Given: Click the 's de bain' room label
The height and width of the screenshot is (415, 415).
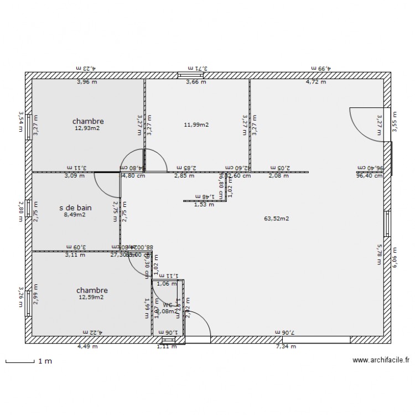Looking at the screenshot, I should coord(75,208).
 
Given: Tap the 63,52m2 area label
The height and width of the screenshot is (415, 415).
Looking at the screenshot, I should coord(277,219).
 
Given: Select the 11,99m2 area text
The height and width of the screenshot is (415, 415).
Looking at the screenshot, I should coord(196,125).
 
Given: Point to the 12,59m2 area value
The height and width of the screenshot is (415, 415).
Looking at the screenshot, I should coord(91,298).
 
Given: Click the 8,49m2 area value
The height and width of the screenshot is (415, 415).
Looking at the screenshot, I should coord(75,215).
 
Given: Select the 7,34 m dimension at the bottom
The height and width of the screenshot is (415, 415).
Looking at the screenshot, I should coord(286,347).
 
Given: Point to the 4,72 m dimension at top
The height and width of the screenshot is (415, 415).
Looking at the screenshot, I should coord(316,82).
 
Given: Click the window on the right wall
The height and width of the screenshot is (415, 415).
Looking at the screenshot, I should coord(387,224).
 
